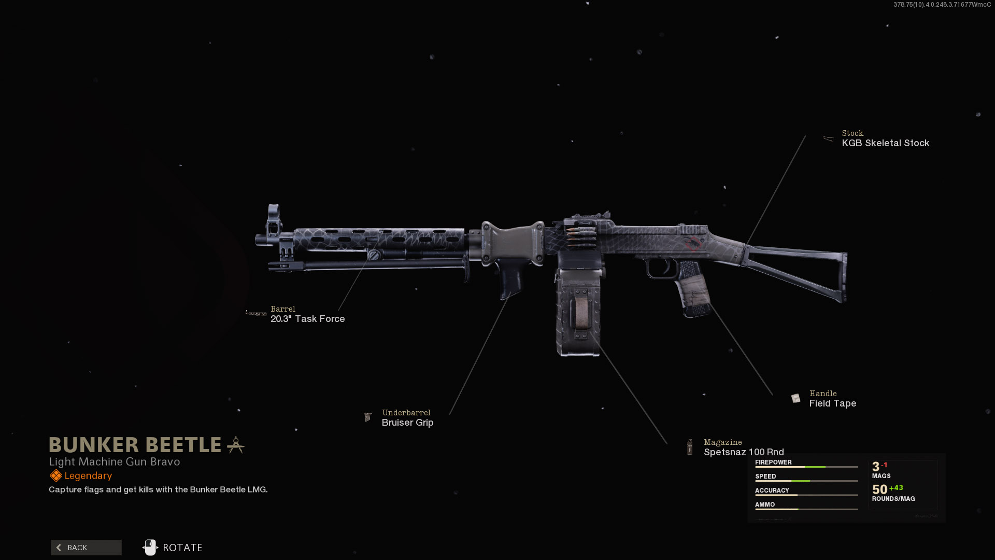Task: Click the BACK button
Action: point(86,548)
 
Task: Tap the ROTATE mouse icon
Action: point(150,548)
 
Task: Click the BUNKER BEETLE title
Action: point(135,445)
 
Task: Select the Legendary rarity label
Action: point(88,476)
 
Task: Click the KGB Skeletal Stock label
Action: point(885,143)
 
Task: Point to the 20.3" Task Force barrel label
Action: point(307,319)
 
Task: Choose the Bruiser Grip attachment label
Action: point(407,423)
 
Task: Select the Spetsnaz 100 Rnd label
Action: point(744,452)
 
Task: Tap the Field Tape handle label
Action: point(832,403)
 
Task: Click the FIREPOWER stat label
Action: point(773,463)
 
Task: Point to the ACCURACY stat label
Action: point(772,491)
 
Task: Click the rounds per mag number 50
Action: point(879,489)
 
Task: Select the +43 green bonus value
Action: point(896,488)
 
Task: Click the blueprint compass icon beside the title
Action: point(236,445)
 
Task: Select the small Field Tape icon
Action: point(795,398)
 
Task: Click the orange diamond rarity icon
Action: point(56,476)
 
